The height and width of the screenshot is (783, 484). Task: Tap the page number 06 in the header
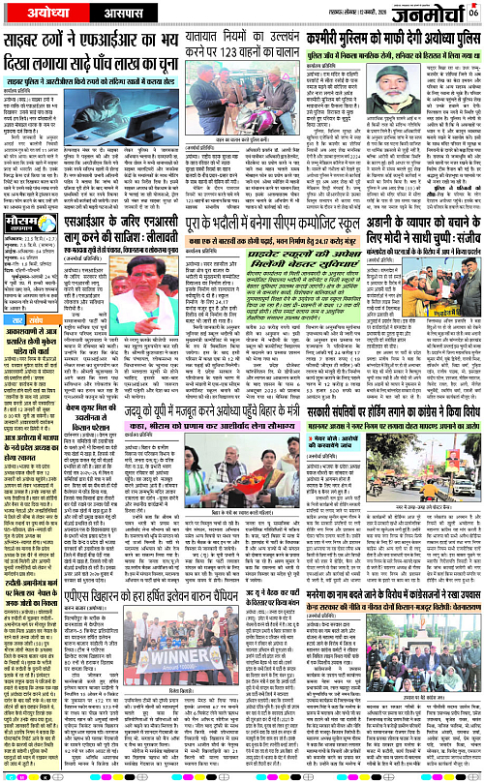click(473, 12)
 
